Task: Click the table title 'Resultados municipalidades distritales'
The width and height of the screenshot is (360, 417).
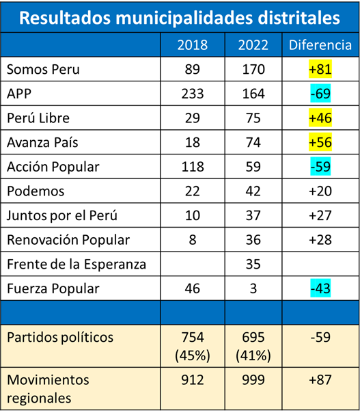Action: [x=180, y=18]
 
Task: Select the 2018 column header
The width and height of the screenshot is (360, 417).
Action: [x=193, y=45]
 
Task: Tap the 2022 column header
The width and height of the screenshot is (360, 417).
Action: [x=253, y=45]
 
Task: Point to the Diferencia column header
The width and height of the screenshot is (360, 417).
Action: [x=320, y=45]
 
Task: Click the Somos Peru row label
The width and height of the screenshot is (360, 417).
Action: [x=43, y=70]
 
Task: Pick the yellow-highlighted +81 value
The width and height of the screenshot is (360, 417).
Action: [x=320, y=69]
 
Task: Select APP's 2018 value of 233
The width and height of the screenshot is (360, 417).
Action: [x=193, y=94]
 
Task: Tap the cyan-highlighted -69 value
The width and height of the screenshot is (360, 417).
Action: [x=320, y=94]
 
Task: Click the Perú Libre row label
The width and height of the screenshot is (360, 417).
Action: [x=38, y=118]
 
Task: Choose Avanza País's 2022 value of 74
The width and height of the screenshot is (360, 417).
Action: [x=253, y=143]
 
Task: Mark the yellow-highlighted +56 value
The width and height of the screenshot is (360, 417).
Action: [x=320, y=142]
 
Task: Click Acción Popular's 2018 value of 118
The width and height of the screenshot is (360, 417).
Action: [x=193, y=167]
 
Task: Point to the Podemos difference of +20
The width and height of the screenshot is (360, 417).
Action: [x=320, y=191]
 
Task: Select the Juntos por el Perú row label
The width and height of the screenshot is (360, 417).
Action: [x=62, y=216]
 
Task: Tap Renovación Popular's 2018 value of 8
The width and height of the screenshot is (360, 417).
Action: [x=193, y=240]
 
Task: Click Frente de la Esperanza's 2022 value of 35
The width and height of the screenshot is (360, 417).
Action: [x=253, y=265]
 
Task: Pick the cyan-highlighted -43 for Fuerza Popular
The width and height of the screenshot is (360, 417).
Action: [x=320, y=288]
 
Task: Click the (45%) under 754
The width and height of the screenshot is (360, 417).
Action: [x=193, y=355]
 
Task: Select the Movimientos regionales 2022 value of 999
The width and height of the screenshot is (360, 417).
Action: [x=253, y=380]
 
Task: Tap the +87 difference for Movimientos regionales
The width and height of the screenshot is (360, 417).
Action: [x=320, y=380]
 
